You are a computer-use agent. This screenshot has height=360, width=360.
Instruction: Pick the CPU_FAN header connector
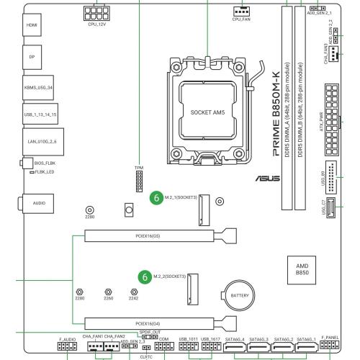(241, 10)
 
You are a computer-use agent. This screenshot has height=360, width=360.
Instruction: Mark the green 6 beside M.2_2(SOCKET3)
(146, 276)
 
